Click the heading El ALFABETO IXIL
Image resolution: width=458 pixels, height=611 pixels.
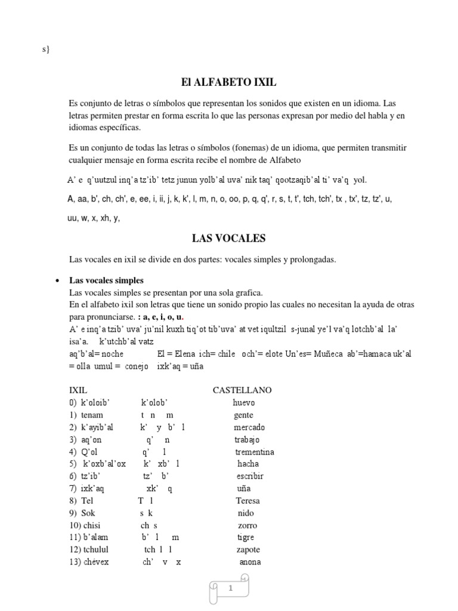coord(228,82)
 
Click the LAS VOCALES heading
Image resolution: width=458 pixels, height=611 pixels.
coord(228,239)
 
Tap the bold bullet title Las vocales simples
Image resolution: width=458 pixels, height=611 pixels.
coord(106,280)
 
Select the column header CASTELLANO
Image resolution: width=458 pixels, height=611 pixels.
coord(242,390)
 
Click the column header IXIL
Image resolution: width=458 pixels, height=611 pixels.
coord(78,390)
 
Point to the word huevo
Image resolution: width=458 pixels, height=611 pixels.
coord(243,403)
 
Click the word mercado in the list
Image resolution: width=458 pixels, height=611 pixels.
coord(249,427)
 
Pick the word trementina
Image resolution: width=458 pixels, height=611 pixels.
coord(255,452)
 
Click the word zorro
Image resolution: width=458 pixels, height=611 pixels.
coord(247,525)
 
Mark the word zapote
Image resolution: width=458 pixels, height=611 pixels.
coord(248,550)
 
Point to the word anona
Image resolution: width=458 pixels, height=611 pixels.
coord(250,562)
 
